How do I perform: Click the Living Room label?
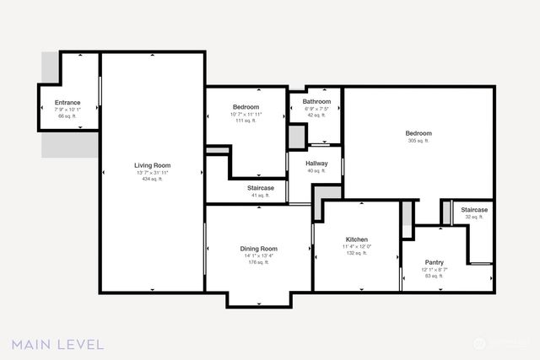coord(152,165)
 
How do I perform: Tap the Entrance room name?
coord(67,102)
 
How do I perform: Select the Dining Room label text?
coord(258,249)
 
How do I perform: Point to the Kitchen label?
coord(356,239)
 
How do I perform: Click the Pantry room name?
coord(434,262)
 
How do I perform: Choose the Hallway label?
coord(316,164)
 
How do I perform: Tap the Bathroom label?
coord(316,101)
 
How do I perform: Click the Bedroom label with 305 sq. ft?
coord(418,133)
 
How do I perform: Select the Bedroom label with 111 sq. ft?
coord(246,107)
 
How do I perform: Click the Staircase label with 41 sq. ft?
coord(260,188)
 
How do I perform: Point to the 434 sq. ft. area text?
coord(152,180)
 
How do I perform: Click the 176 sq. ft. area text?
coord(258,262)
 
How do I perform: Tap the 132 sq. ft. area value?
coord(356,253)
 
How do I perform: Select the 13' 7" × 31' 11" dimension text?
coord(152,173)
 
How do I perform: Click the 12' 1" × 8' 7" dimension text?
coord(434,269)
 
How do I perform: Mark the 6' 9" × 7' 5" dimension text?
coord(316,108)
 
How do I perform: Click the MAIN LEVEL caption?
coord(57,344)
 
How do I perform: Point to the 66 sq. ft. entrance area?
coord(67,116)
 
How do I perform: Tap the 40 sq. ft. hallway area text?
coord(316,171)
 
